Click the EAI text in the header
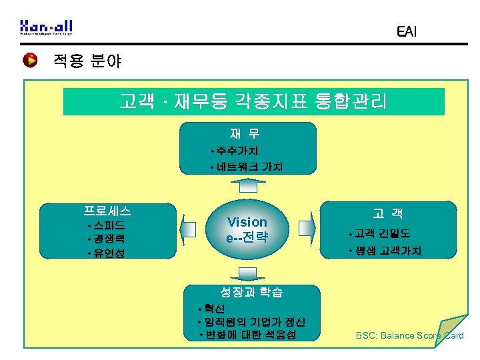pos(406,31)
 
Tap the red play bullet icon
pos(30,61)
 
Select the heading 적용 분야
pos(87,62)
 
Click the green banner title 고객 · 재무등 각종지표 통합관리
pos(253,102)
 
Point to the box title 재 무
pos(246,134)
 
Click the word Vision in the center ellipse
pos(247,222)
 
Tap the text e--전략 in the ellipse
pos(247,237)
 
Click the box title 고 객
pos(387,214)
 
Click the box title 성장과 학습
pos(251,292)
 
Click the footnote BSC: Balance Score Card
pos(409,335)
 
